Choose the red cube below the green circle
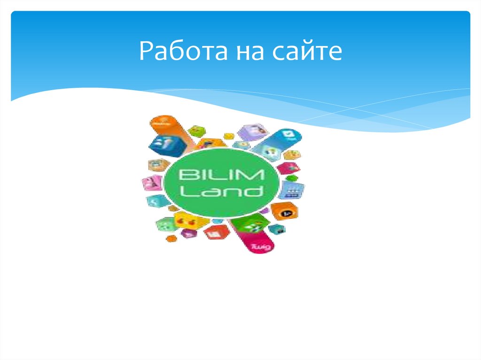point(216,231)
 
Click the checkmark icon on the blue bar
point(287,134)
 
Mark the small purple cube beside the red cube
point(189,233)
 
